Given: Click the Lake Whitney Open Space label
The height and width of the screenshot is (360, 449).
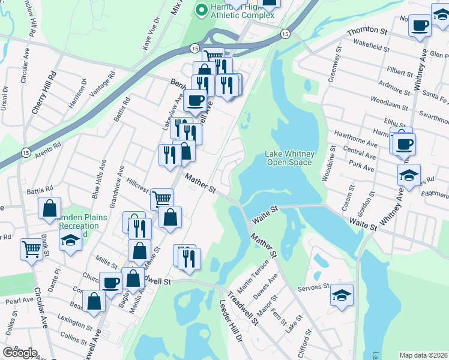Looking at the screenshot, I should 289,158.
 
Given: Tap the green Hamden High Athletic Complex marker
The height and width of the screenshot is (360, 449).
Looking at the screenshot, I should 201,9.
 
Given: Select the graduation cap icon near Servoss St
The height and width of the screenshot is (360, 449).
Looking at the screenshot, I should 342,295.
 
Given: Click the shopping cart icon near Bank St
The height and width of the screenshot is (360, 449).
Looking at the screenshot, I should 32,248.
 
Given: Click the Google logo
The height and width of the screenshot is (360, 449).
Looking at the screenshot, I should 20,352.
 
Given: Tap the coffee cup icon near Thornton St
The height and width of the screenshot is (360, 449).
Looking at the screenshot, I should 421,26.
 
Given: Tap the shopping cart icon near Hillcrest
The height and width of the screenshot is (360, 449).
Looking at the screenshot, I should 161,198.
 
